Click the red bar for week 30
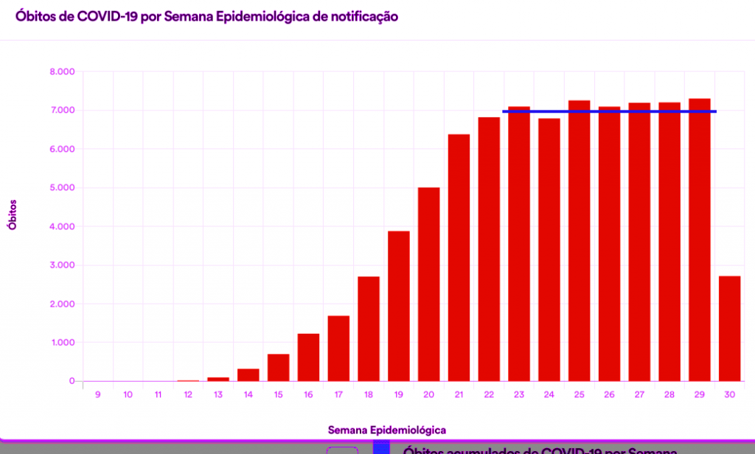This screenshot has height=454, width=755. point(730,329)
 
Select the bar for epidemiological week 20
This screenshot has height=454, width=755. point(429,284)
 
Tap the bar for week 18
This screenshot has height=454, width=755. point(369,329)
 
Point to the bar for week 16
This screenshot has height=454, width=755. point(309,357)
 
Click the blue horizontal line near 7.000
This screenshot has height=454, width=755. point(609,111)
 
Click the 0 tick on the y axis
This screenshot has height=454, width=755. point(72,381)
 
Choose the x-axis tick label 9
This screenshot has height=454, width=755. point(97,395)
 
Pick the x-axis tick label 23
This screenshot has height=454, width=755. point(519,395)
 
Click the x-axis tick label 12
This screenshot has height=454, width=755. point(188,395)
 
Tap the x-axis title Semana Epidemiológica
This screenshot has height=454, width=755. point(387,429)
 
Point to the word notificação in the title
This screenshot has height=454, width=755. point(358,16)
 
